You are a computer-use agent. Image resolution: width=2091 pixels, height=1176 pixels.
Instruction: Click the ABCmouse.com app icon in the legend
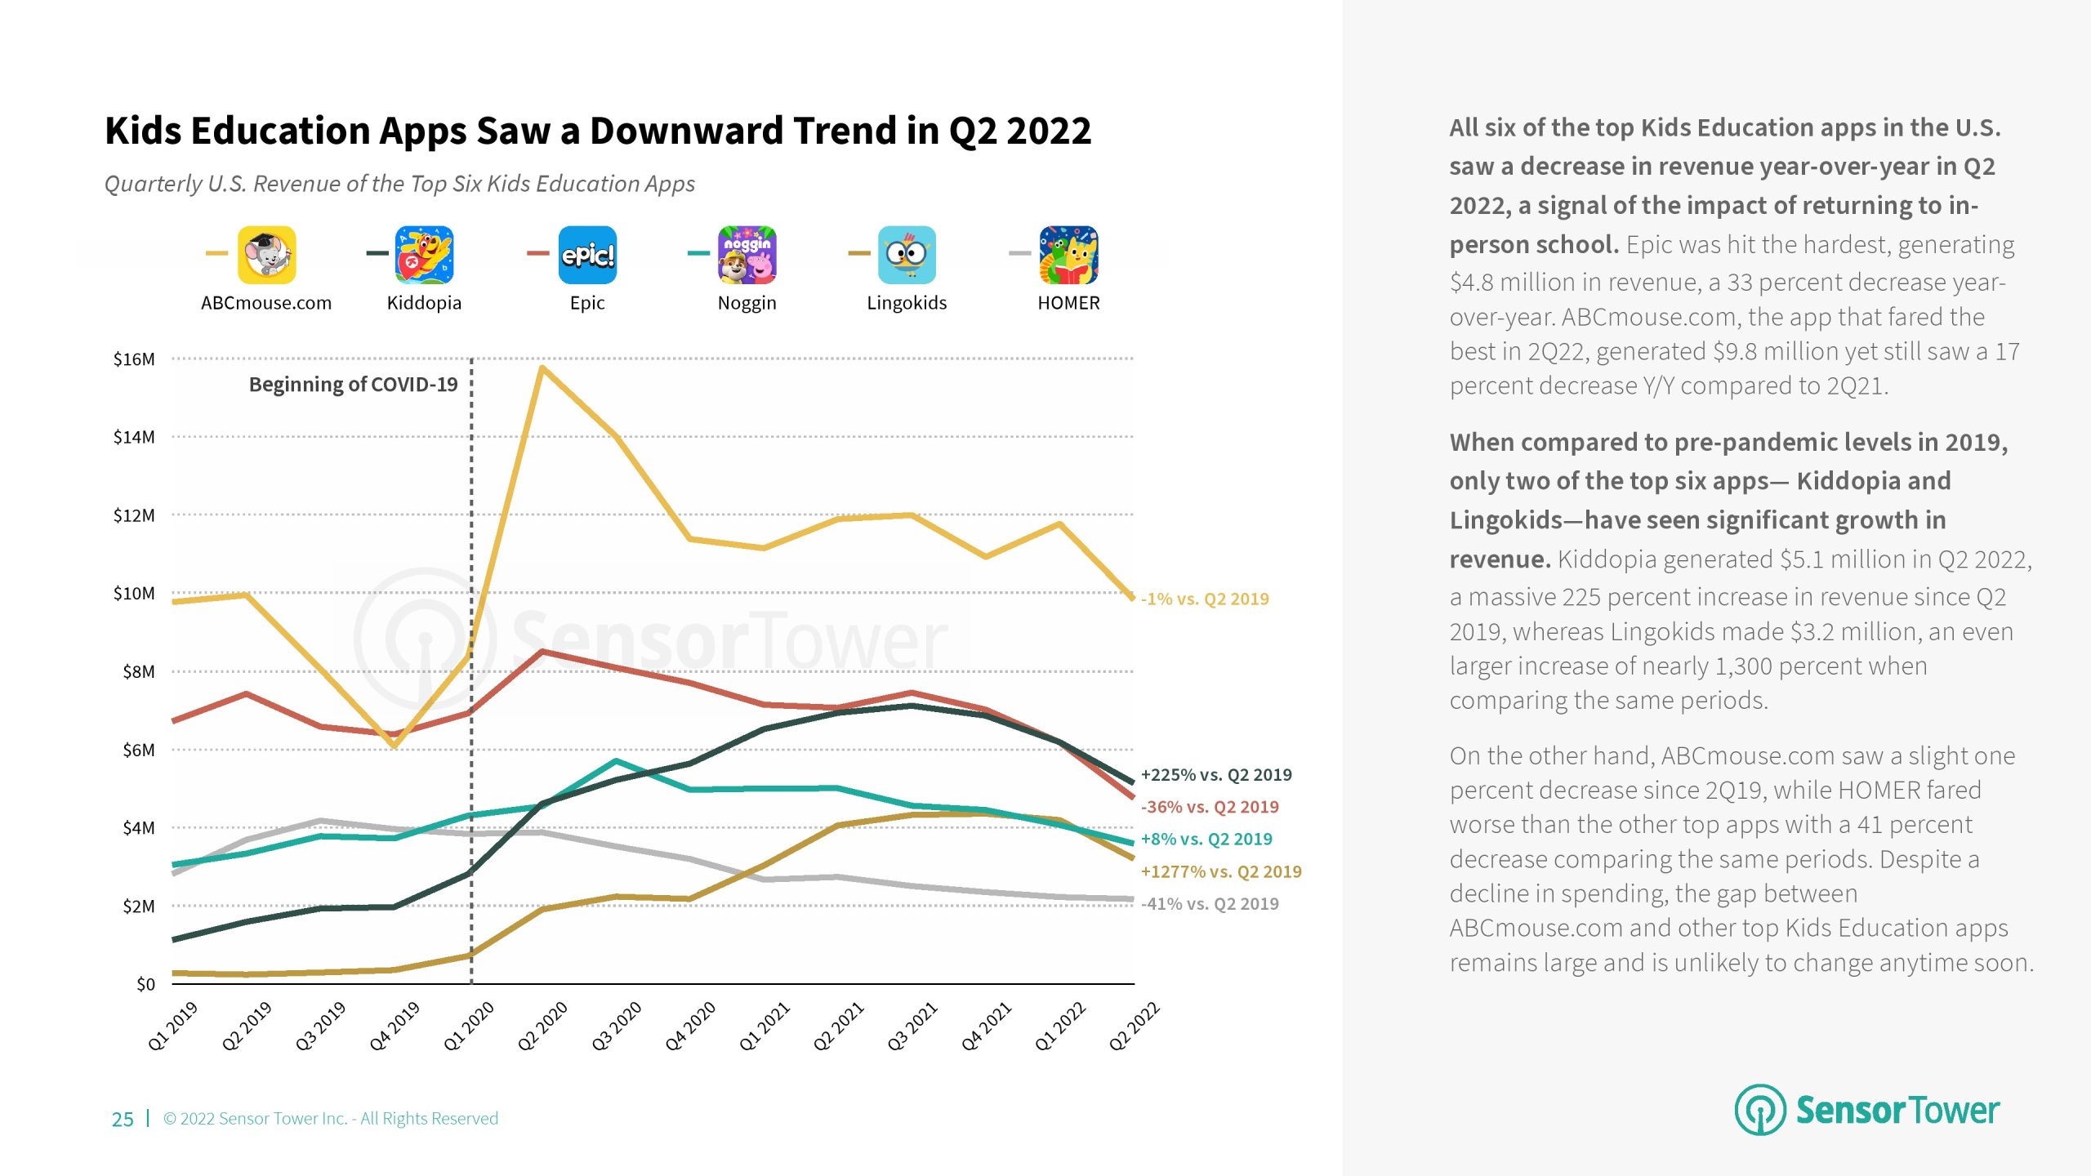point(267,255)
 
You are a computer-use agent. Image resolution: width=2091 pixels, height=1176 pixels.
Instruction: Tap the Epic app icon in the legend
point(587,255)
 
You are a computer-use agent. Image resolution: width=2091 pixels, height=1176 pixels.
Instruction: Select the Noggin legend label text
point(747,303)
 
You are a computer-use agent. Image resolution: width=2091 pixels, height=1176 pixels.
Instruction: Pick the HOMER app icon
point(1068,255)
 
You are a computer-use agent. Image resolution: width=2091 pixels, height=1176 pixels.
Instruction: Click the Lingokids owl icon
point(907,255)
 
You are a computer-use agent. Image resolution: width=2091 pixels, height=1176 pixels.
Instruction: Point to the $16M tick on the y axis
point(134,359)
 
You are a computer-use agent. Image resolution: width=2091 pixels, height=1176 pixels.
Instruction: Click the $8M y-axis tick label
point(138,672)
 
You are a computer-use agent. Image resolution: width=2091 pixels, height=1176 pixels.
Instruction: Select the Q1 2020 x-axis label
point(470,1026)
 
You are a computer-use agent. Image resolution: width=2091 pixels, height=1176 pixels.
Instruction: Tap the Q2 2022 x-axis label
point(1135,1026)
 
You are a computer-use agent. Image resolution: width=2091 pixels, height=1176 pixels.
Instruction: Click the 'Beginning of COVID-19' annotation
point(353,385)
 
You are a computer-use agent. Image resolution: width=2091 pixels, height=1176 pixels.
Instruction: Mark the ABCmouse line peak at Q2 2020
point(543,368)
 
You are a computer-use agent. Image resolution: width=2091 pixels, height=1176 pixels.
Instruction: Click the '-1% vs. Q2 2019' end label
point(1205,599)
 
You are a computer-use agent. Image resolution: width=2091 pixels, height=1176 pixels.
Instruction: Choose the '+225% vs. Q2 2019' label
point(1216,775)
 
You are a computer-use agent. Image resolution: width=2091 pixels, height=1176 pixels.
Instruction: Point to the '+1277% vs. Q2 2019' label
point(1221,871)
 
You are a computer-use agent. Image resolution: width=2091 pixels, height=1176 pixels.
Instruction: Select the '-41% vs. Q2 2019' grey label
point(1210,904)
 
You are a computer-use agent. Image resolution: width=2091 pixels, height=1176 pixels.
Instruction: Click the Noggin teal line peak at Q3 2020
point(617,761)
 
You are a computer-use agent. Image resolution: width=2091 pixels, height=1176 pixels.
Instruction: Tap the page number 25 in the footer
point(123,1119)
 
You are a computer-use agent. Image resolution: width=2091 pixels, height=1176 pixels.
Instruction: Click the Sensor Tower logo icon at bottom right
point(1760,1110)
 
